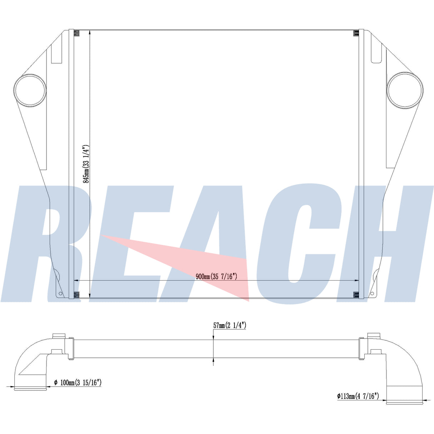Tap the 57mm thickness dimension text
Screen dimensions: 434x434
(230, 325)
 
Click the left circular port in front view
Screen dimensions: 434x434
(30, 90)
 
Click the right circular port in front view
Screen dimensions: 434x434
(405, 90)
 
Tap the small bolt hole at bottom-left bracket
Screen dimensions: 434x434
(60, 294)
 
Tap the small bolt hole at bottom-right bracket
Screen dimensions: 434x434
(372, 293)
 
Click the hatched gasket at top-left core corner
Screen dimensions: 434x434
(77, 33)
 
